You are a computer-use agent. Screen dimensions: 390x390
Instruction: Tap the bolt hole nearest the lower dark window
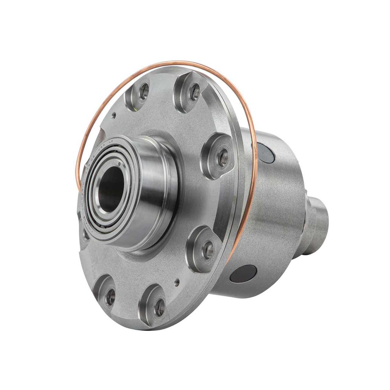[208, 249]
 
